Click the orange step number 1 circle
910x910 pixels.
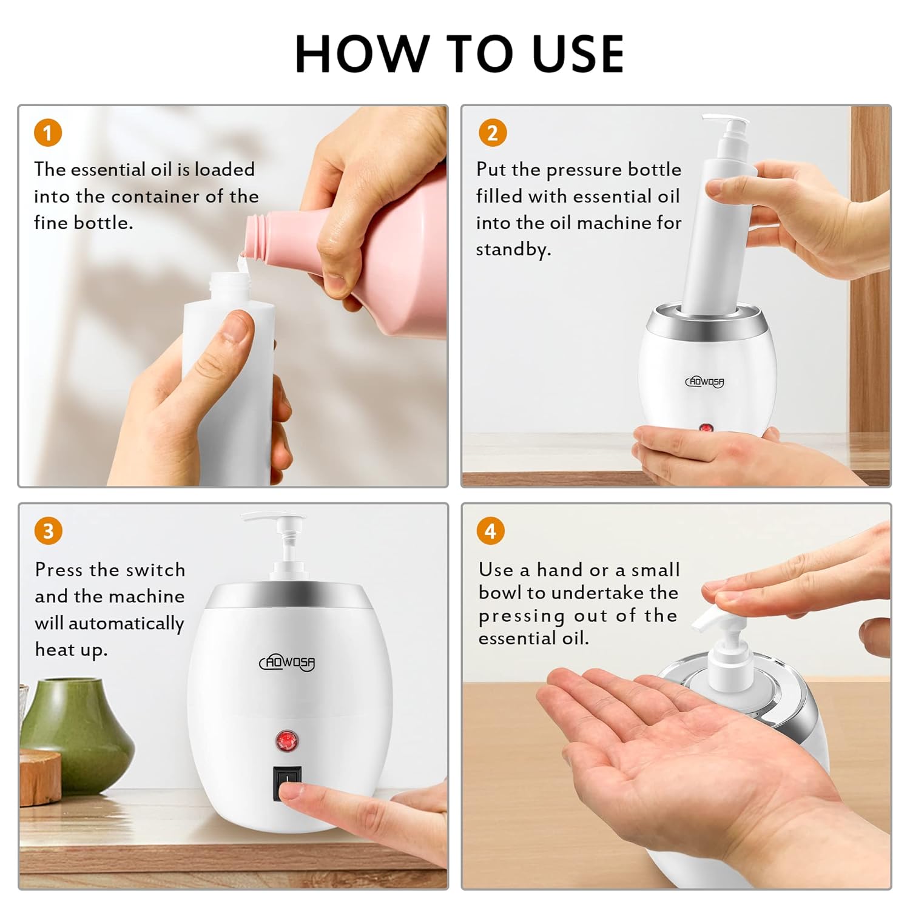[x=48, y=133]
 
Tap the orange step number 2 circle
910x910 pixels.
[x=493, y=133]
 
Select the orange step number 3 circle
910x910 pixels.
[x=48, y=531]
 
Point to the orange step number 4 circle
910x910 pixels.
[x=490, y=531]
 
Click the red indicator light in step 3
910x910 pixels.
[x=285, y=740]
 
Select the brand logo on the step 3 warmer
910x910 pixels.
[x=288, y=662]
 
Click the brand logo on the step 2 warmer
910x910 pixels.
[x=704, y=382]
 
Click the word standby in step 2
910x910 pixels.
[x=513, y=249]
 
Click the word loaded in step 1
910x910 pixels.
[x=224, y=169]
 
